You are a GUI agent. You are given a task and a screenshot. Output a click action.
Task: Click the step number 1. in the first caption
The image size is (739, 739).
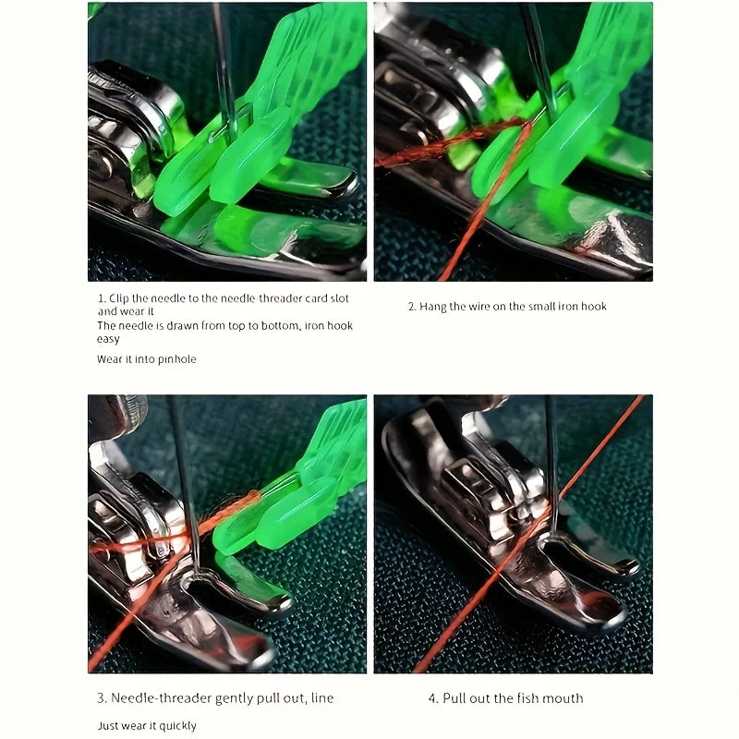pos(102,298)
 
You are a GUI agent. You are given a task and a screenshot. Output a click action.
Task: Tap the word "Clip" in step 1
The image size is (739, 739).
pos(119,298)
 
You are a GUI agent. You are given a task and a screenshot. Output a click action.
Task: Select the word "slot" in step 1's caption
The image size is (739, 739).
pos(338,298)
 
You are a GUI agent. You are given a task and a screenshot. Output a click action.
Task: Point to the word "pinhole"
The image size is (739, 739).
pos(176,359)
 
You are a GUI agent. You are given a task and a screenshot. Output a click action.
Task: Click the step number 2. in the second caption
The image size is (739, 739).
pos(412,307)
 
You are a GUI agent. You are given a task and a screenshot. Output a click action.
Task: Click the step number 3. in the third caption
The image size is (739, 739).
pos(102,698)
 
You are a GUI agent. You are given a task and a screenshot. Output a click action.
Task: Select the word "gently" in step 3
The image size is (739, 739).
pos(235,698)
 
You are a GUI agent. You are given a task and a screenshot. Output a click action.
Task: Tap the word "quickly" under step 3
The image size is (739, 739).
pos(177,726)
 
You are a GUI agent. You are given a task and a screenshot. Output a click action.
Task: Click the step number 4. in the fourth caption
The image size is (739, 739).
pos(433,698)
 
